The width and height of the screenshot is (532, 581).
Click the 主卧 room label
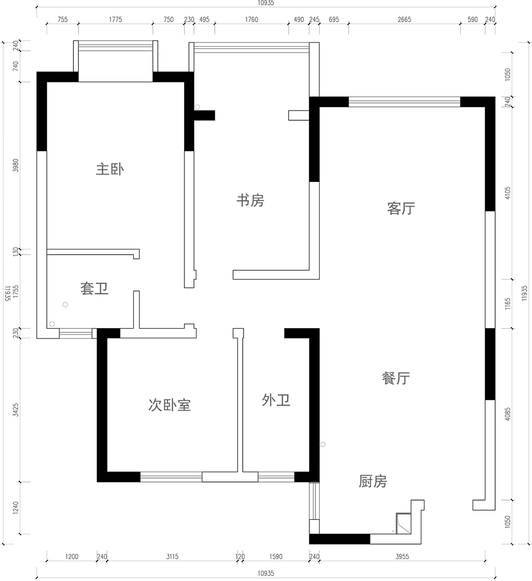(x=110, y=170)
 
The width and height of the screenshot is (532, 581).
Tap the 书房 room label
(x=250, y=200)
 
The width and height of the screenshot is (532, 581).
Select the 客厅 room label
(x=401, y=208)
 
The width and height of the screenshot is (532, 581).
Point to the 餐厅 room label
(x=396, y=378)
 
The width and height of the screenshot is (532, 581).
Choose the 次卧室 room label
(x=169, y=405)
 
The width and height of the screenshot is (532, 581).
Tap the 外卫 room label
(x=276, y=400)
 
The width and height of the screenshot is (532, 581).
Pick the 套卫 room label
(x=94, y=289)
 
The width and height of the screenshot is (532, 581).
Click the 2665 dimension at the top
(x=404, y=20)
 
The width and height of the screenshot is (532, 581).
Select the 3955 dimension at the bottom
(x=402, y=556)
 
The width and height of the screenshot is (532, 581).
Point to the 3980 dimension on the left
(x=16, y=166)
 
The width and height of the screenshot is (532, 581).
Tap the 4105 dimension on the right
(x=507, y=193)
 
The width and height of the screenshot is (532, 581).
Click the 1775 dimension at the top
(x=115, y=20)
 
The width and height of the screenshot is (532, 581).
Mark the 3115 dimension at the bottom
(x=172, y=556)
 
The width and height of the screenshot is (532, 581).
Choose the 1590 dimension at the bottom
(x=276, y=556)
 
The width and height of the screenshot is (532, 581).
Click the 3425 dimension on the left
(x=16, y=410)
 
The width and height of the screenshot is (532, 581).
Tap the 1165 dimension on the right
(x=507, y=304)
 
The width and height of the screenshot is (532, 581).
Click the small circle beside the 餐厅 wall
(x=323, y=444)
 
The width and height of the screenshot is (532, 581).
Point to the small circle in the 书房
(x=197, y=107)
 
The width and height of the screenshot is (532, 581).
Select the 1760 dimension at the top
(x=251, y=20)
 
